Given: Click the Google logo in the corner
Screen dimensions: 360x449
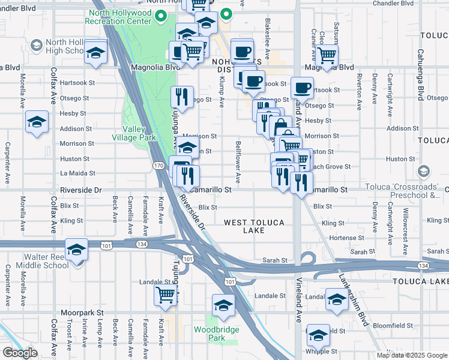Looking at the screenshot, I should coord(20,353).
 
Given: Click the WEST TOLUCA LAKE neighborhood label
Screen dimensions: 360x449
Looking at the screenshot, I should coord(254,226).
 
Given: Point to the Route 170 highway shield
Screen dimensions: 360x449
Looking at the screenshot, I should coord(158,165).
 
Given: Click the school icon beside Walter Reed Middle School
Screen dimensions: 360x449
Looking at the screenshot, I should coord(77,249).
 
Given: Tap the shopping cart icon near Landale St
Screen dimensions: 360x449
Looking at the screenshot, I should coord(165,295).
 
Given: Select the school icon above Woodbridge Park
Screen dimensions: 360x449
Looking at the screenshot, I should coord(223,305).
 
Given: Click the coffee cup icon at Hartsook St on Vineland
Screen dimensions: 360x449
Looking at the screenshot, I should coord(302,88).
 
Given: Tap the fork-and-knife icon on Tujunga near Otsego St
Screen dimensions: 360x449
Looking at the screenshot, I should coord(181,96).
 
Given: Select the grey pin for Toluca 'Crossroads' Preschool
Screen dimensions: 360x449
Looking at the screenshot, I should coord(424,172).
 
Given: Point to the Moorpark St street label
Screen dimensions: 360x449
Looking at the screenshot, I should coord(82,313).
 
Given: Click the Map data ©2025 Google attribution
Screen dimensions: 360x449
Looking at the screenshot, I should coord(412,355).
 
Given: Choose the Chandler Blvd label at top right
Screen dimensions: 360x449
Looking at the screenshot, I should coord(393,3).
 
